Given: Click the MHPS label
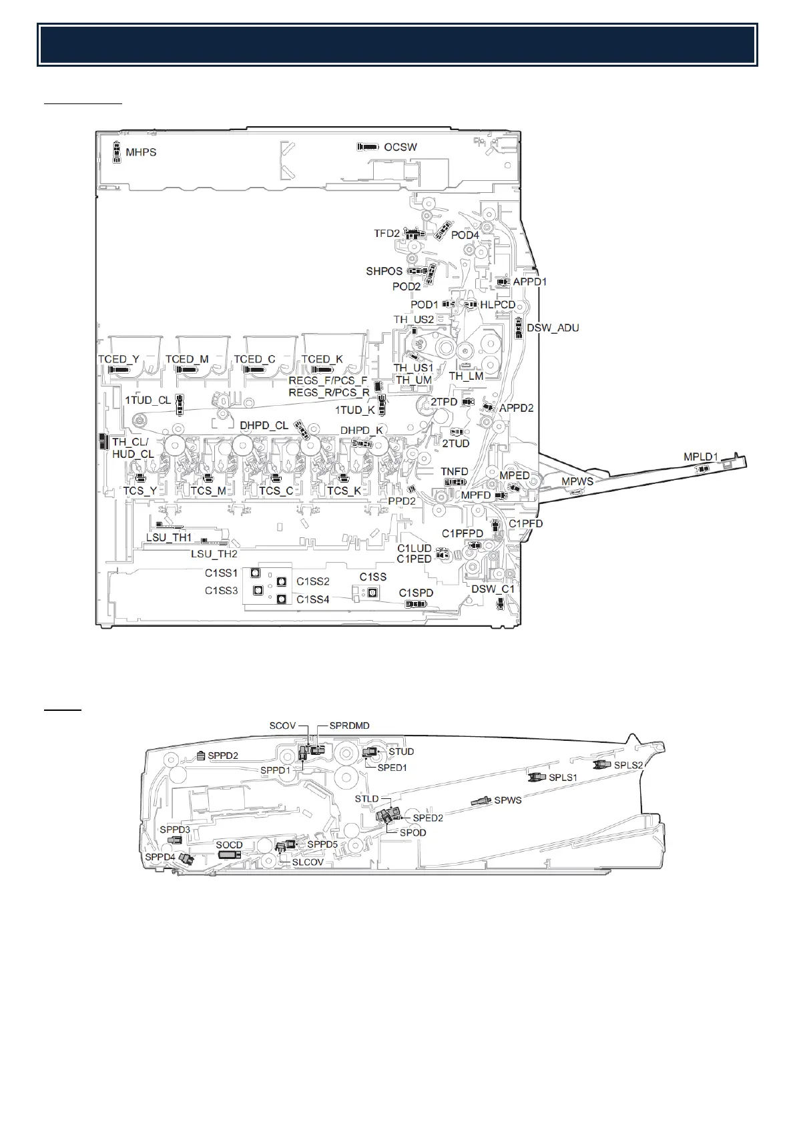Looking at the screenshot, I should click(142, 152).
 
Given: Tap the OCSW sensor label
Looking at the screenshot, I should click(401, 147).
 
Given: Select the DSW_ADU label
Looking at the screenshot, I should click(553, 328).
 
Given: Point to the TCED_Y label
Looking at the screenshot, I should click(119, 359).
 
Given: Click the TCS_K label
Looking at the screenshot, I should click(344, 491).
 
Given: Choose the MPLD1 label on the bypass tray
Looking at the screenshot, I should click(700, 457).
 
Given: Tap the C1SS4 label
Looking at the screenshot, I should click(313, 599).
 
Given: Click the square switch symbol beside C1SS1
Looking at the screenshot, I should click(255, 573).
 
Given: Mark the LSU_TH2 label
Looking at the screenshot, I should click(214, 553).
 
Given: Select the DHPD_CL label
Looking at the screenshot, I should click(264, 425).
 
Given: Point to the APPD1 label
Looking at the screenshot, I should click(529, 282).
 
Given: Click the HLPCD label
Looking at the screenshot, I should click(498, 304).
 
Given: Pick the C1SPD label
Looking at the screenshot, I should click(416, 593).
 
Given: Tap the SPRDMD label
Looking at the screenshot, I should click(349, 726).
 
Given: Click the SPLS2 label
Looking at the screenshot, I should click(628, 765).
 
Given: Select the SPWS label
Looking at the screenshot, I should click(508, 800).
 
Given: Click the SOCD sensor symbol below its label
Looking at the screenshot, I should click(229, 856).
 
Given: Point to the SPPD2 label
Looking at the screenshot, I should click(223, 756).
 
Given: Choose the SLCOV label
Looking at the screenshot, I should click(308, 862).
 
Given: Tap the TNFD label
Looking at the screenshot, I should click(455, 471).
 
